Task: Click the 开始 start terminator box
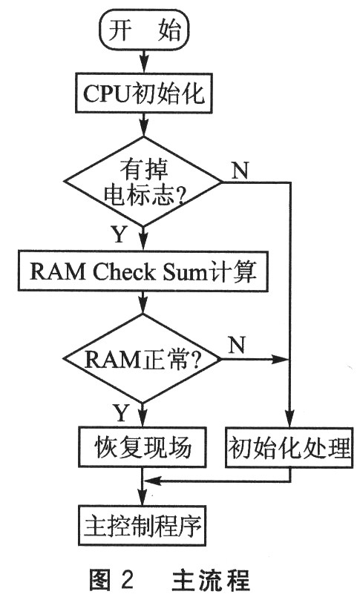[x=144, y=30]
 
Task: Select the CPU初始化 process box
[x=143, y=93]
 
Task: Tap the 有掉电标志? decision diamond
[x=143, y=182]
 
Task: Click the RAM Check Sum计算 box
[x=143, y=271]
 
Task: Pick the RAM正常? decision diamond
[x=142, y=359]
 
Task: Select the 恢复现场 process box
[x=142, y=447]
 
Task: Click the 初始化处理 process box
[x=289, y=447]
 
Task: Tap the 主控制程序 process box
[x=142, y=526]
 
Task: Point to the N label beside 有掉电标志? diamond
[x=240, y=170]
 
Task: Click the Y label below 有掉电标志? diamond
[x=119, y=234]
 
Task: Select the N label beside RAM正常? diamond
[x=237, y=345]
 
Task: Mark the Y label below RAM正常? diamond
[x=122, y=412]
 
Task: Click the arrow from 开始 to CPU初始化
[x=143, y=62]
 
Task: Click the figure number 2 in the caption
[x=127, y=580]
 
